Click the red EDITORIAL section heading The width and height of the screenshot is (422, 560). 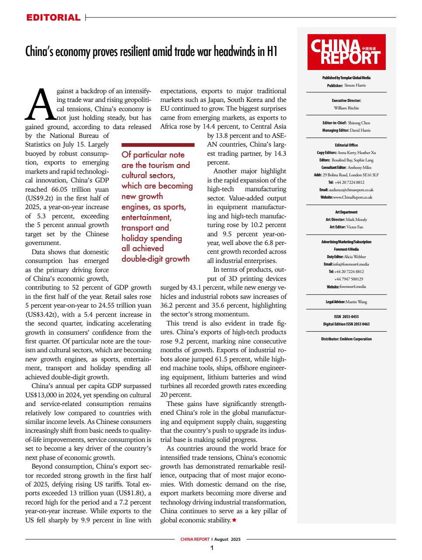(53, 18)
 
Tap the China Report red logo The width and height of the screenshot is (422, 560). (346, 52)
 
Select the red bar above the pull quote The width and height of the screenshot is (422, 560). (157, 144)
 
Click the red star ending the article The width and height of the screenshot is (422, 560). (235, 520)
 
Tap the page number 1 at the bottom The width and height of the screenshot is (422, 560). (211, 548)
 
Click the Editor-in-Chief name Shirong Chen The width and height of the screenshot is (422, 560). (359, 123)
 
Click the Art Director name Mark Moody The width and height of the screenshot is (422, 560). (356, 219)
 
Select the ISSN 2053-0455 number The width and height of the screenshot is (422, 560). (346, 316)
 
